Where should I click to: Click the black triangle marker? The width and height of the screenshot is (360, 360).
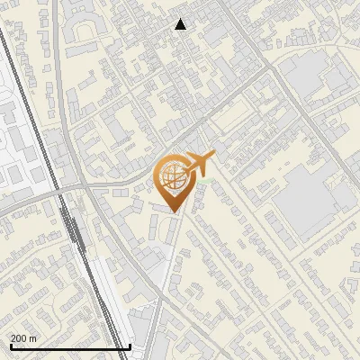(181, 24)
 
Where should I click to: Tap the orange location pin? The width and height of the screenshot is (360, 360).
(173, 183)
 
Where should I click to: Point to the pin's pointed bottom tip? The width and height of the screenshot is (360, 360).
(174, 211)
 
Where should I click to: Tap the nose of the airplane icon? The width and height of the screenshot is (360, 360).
(213, 157)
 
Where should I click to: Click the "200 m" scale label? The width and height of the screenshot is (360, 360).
(23, 338)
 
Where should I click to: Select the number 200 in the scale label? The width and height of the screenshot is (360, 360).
(19, 338)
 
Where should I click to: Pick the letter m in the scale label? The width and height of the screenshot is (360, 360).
(33, 338)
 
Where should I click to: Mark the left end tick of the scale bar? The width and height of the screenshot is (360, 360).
(9, 345)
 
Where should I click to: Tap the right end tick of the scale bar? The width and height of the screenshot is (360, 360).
(130, 345)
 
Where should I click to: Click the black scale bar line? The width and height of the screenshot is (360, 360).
(69, 347)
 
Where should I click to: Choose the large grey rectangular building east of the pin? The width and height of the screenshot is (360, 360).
(310, 202)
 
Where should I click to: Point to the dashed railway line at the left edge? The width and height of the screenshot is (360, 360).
(27, 108)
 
